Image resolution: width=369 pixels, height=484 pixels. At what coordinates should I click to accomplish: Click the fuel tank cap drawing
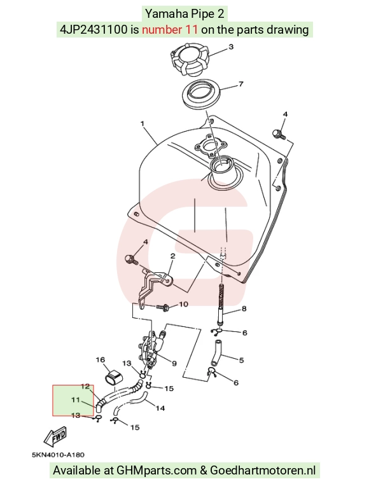190,62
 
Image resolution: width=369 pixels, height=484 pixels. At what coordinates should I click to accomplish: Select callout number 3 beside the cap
231,47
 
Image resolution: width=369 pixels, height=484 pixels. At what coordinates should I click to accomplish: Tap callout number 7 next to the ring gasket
241,84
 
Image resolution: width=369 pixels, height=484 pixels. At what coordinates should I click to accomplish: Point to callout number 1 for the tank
143,123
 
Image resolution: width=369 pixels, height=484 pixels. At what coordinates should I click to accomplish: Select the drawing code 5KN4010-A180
58,455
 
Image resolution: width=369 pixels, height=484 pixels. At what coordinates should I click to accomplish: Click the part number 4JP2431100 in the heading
94,30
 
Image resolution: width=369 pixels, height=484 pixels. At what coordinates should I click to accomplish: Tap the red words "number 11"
169,30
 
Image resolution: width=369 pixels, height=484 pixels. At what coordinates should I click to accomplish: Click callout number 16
101,359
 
